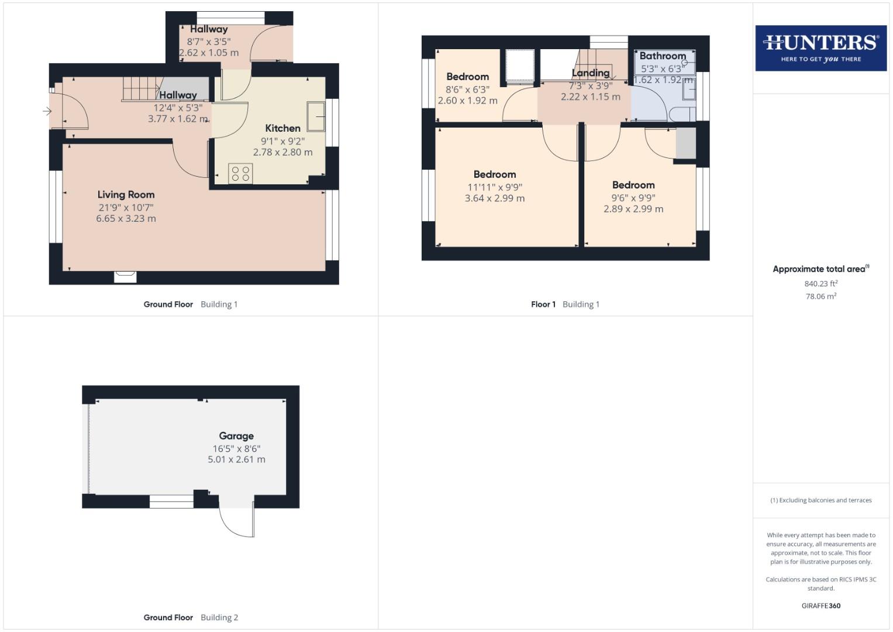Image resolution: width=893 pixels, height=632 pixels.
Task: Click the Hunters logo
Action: point(820,48)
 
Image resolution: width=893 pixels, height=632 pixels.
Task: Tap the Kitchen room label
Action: point(282,128)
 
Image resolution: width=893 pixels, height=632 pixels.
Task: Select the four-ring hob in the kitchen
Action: point(240,173)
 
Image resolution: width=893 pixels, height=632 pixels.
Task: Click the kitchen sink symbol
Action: point(316,116)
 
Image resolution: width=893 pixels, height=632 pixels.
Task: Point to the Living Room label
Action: point(126,195)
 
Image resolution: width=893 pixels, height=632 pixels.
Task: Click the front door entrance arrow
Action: point(47,111)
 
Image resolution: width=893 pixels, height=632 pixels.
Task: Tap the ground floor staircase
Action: point(140,89)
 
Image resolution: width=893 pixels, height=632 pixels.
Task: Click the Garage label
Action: point(236,436)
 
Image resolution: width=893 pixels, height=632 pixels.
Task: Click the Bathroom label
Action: point(663,56)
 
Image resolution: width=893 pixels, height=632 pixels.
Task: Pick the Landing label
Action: point(590,73)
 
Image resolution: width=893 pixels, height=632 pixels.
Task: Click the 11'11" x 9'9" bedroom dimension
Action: point(495,187)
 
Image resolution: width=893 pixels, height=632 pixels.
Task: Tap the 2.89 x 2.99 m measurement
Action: point(633,209)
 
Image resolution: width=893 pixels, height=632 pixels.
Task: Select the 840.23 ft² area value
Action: point(820,284)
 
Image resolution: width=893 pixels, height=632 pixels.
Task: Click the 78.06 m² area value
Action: point(820,297)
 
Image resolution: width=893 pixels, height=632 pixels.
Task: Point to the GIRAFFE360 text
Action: point(820,606)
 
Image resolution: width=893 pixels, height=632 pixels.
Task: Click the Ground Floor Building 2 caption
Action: point(191,617)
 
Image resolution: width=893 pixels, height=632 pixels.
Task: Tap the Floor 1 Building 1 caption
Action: point(565,304)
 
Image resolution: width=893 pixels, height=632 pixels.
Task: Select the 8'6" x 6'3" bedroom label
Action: point(467,90)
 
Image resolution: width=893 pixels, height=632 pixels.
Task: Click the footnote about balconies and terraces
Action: point(820,500)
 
